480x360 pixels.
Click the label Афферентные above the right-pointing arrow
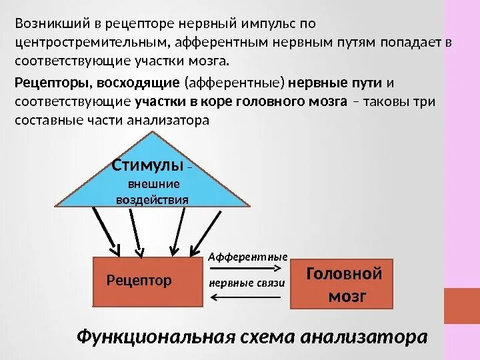248,256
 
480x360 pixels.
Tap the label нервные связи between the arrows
247,282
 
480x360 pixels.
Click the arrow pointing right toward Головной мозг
247,269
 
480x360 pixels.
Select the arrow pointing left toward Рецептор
247,297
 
